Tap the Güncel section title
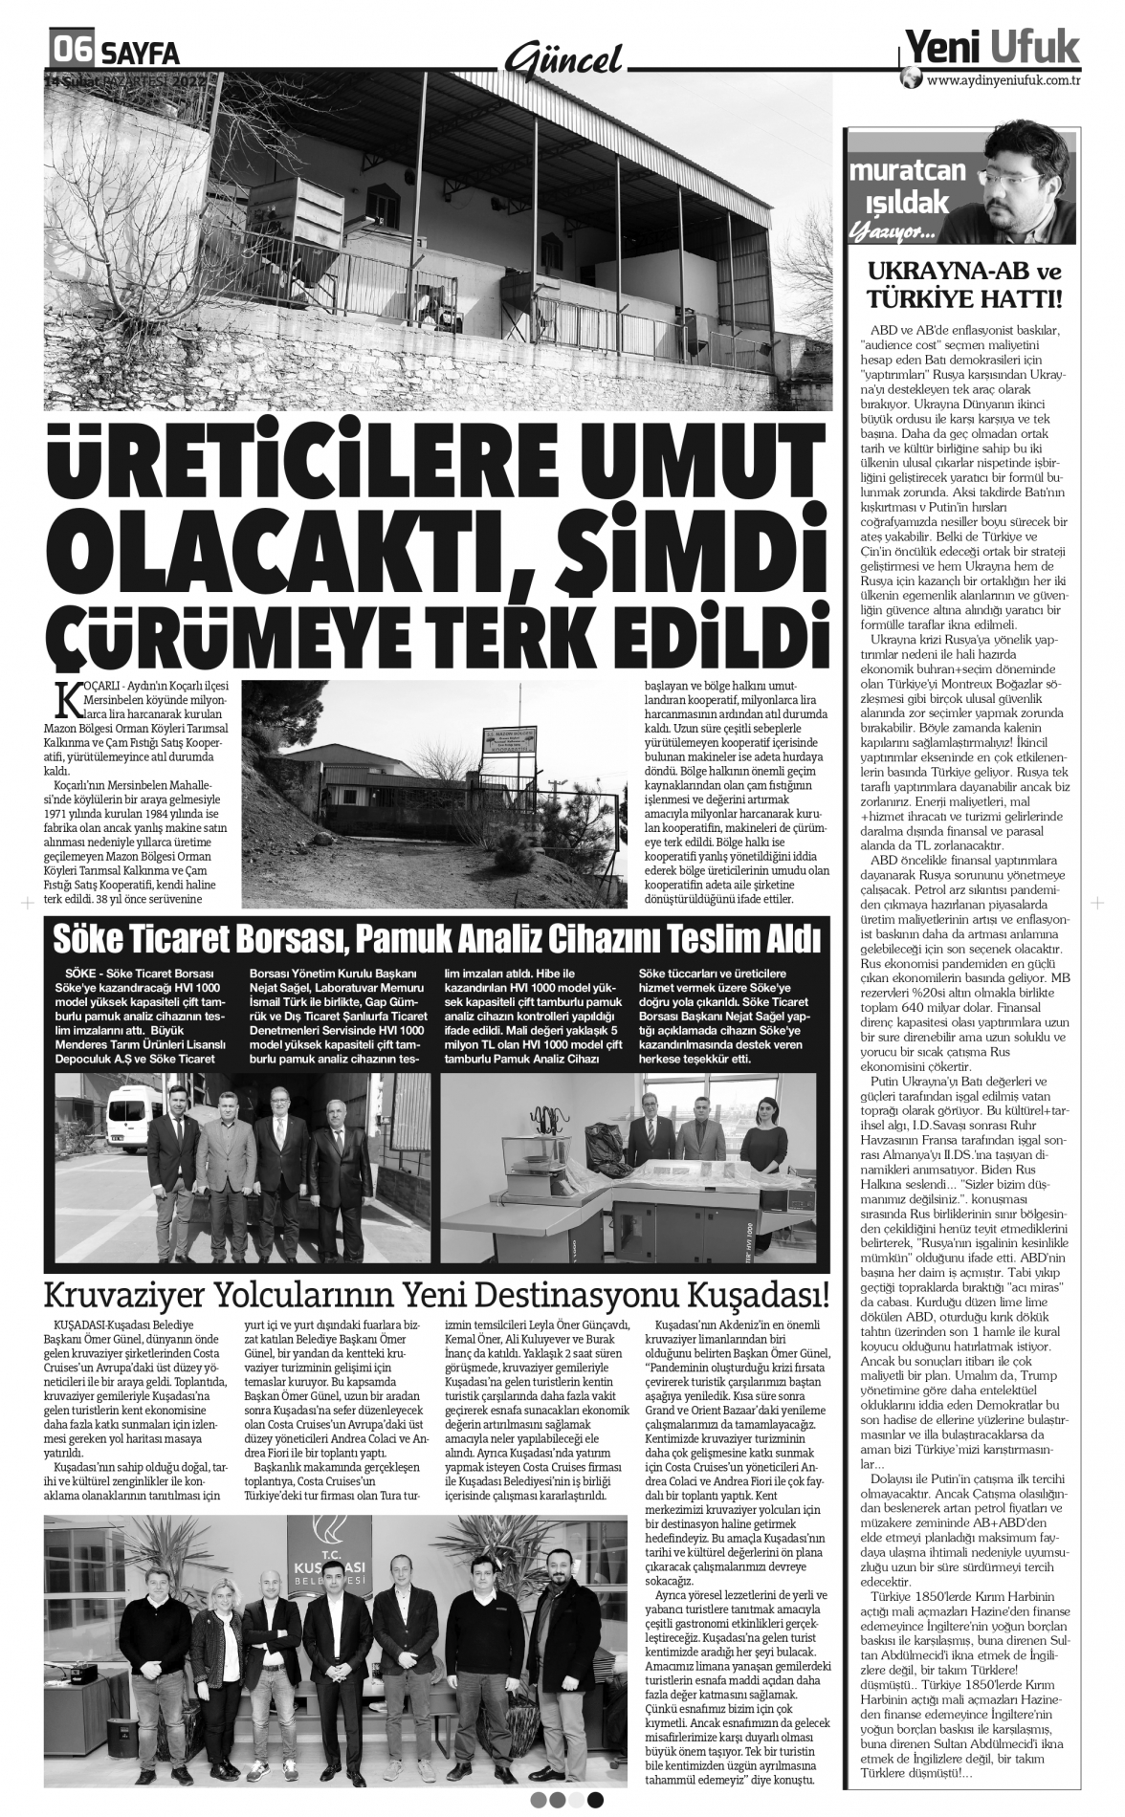[563, 59]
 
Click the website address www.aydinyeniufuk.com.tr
[1004, 81]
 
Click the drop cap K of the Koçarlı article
[65, 699]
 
